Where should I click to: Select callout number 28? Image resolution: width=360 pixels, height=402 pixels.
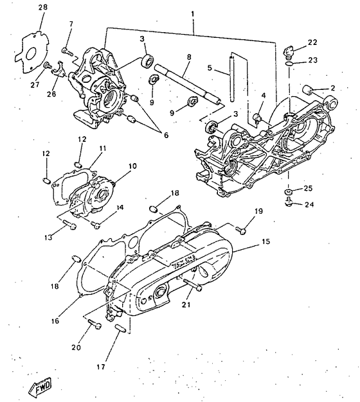[x=42, y=8]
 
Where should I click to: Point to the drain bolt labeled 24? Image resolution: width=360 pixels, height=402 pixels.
[x=290, y=204]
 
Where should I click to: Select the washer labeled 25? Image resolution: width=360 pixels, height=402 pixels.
[x=289, y=191]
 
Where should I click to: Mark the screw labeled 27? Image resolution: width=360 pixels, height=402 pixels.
[x=48, y=66]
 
